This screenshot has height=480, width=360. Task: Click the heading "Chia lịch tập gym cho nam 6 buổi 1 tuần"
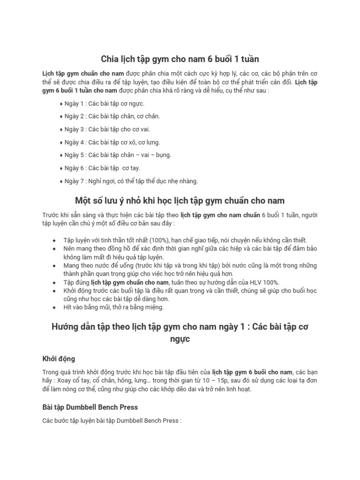click(x=180, y=59)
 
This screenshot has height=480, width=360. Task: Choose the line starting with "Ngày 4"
click(x=112, y=142)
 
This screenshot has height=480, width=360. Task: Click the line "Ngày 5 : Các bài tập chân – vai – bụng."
click(x=118, y=155)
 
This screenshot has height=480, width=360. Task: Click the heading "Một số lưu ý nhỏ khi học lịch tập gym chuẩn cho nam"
click(x=180, y=201)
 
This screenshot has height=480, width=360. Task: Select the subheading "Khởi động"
click(x=58, y=359)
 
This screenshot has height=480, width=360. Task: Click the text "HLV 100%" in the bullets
click(x=264, y=282)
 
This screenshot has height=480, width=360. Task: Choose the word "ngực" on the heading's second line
click(x=180, y=338)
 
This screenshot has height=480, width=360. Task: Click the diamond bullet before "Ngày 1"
click(x=61, y=104)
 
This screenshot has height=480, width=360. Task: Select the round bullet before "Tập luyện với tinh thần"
click(x=55, y=240)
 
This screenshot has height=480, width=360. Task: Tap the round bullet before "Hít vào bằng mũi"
click(x=55, y=308)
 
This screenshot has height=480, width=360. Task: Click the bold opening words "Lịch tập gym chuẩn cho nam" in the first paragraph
click(x=83, y=74)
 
